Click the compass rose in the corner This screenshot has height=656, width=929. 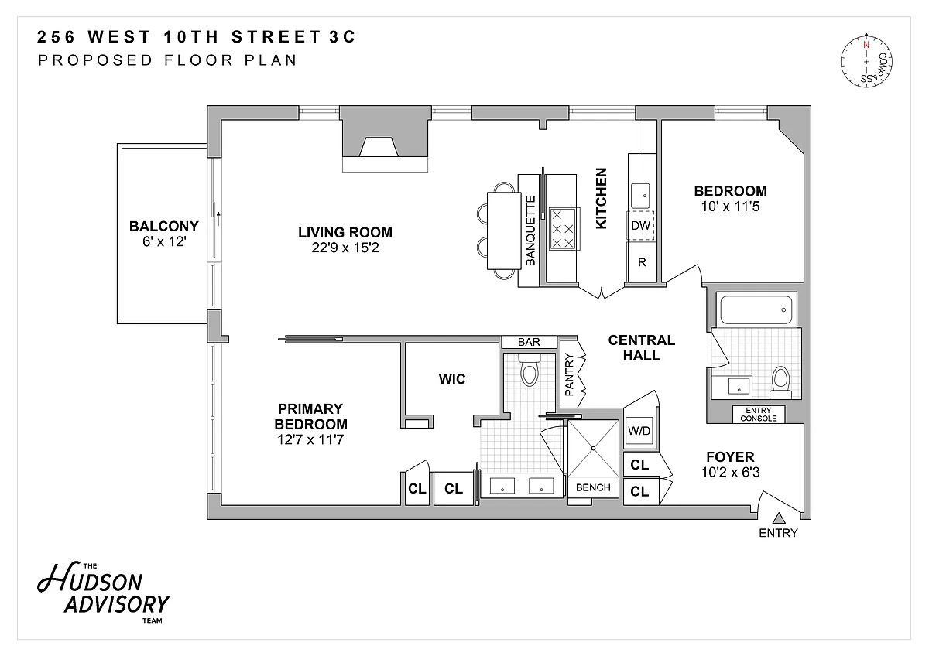tap(866, 62)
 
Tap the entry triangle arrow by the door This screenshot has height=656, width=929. tap(779, 518)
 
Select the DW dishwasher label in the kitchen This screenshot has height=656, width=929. tap(640, 225)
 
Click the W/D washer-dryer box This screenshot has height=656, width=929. tap(639, 432)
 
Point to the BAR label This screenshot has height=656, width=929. tap(529, 342)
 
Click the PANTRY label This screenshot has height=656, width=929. tap(570, 374)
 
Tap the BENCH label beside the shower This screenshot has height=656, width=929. tap(593, 487)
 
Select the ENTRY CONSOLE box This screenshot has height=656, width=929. tap(759, 415)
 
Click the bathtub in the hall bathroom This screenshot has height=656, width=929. tap(756, 309)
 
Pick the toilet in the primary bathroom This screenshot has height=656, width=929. tap(530, 370)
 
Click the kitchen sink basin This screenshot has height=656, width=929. tap(640, 196)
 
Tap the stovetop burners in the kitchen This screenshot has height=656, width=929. tap(563, 229)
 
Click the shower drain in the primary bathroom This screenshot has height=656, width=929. tap(594, 449)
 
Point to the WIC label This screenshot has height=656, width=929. tap(452, 379)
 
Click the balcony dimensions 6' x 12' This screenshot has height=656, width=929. tap(164, 241)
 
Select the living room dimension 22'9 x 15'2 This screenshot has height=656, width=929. tap(345, 248)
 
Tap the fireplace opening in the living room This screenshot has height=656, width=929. tap(379, 147)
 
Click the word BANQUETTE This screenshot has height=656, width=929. tap(530, 231)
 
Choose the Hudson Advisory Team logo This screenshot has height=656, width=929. tap(104, 592)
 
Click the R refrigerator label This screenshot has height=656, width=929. tap(642, 262)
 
